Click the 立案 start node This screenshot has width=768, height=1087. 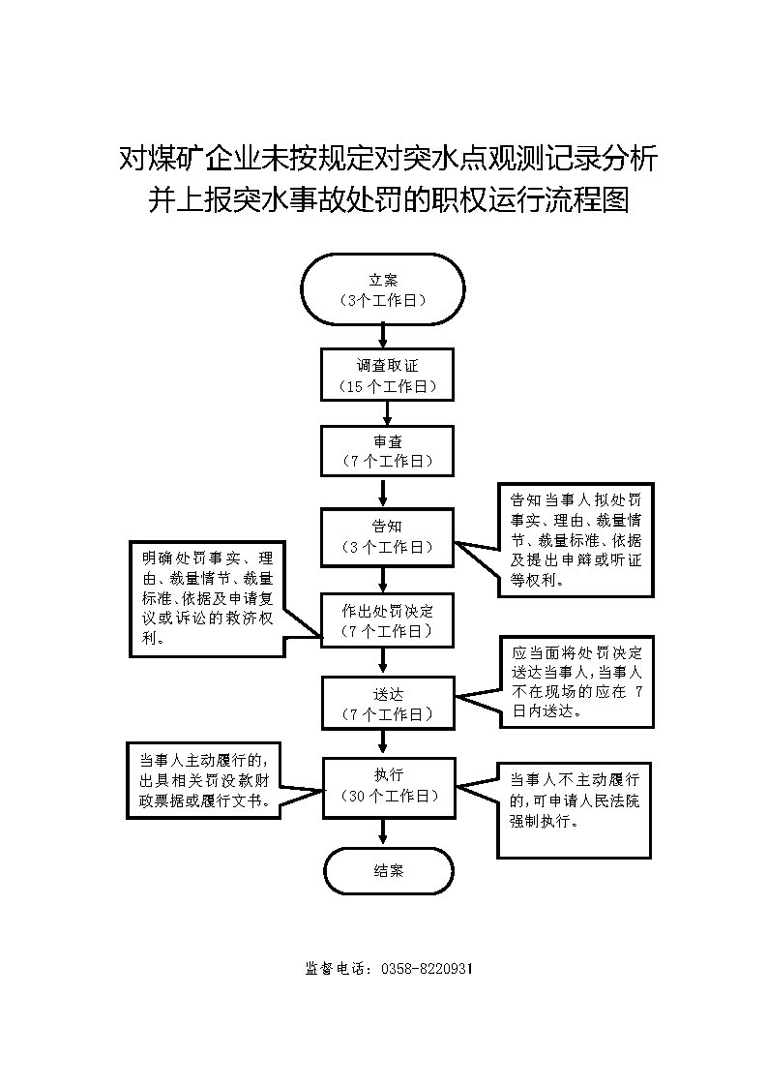pyautogui.click(x=383, y=288)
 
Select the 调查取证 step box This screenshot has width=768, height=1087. pyautogui.click(x=388, y=374)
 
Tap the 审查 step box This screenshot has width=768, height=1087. pyautogui.click(x=388, y=451)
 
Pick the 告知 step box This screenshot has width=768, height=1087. pyautogui.click(x=388, y=535)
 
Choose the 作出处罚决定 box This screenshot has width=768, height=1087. pyautogui.click(x=388, y=620)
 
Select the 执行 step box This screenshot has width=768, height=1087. pyautogui.click(x=388, y=786)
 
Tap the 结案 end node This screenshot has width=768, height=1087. pyautogui.click(x=389, y=870)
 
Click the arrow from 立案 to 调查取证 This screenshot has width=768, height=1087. pyautogui.click(x=384, y=335)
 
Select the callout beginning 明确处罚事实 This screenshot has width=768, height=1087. pyautogui.click(x=207, y=599)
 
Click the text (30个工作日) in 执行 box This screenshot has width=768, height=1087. pyautogui.click(x=388, y=796)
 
